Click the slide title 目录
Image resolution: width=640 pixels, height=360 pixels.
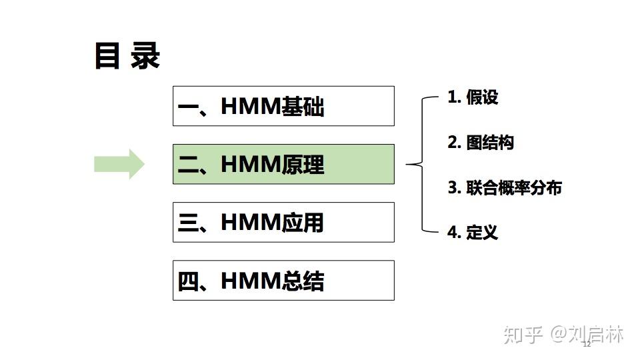[127, 57]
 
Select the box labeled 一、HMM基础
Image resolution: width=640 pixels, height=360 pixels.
[283, 106]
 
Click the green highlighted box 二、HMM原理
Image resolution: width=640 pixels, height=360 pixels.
[283, 164]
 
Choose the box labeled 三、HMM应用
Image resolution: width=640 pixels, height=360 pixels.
[283, 222]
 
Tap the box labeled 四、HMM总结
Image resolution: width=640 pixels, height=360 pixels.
[283, 281]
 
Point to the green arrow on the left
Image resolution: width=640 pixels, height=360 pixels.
[119, 164]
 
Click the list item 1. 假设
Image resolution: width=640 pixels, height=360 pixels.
[473, 97]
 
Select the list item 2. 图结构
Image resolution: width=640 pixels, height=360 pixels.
[480, 142]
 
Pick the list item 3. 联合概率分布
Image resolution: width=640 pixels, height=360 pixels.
[504, 187]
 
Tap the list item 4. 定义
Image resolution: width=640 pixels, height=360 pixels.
[473, 232]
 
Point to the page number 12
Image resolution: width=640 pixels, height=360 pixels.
[587, 344]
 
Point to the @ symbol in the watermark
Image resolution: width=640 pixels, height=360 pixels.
[558, 334]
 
